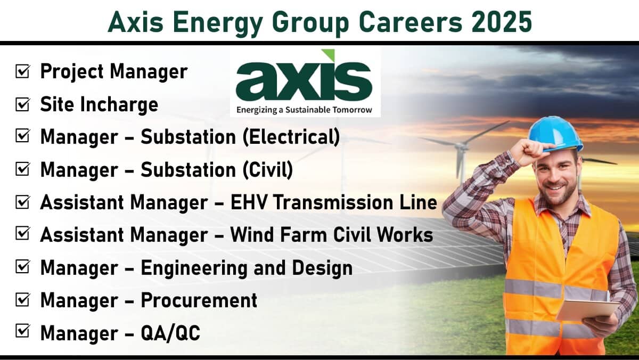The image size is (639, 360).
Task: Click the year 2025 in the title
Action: pos(502,22)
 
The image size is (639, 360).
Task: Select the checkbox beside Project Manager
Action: pos(22,71)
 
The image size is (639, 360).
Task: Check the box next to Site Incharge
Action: pos(22,104)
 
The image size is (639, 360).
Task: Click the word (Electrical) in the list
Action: pos(291,137)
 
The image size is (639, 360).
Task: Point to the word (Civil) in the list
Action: pos(268,170)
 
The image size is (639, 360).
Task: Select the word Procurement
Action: pos(199,300)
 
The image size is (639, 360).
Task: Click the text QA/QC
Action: pos(170,333)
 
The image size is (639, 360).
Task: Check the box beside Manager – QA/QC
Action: pos(22,331)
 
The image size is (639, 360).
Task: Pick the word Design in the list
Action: pos(322,269)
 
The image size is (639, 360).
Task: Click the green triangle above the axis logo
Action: pos(329,54)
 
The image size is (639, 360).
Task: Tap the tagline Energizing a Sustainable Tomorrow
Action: pos(304,110)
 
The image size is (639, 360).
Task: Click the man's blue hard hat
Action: pos(555,133)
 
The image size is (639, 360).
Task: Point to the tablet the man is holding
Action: pos(588,309)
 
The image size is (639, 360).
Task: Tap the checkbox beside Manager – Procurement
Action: pos(22,299)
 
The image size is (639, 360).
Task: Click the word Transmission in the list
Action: pos(333,202)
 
